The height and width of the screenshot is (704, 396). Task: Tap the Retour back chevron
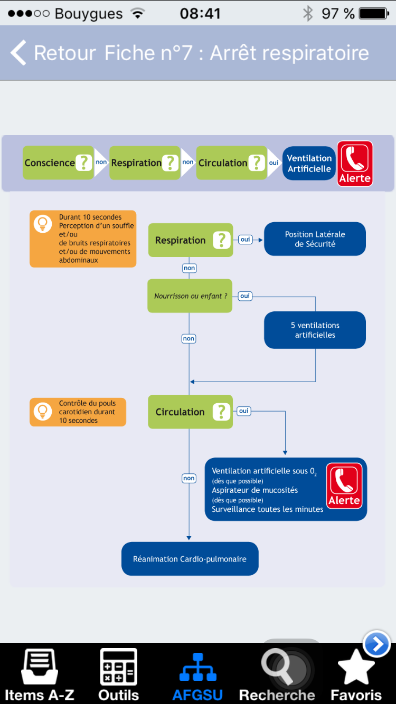tap(18, 53)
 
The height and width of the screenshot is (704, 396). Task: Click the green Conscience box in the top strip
tap(58, 163)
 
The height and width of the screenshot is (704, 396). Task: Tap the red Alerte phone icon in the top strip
tap(355, 164)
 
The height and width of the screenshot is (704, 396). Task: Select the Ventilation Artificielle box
tap(309, 163)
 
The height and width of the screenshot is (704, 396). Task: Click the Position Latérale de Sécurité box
tap(315, 239)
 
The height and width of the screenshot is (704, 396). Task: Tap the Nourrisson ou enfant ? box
tap(190, 296)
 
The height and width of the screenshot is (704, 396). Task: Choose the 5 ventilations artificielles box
tap(315, 330)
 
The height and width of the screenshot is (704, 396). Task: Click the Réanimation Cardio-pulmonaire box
tap(190, 559)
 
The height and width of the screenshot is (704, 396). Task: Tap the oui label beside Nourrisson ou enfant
tap(245, 296)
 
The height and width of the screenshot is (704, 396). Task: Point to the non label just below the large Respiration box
tap(190, 268)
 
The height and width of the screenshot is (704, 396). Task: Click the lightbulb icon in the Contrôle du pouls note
tap(43, 411)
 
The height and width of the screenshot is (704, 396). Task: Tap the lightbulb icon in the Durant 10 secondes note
tap(43, 224)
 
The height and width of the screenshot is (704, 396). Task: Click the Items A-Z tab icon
tap(40, 667)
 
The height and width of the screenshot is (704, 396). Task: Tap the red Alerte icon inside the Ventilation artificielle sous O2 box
tap(344, 486)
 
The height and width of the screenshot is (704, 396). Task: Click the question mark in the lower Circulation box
tap(221, 412)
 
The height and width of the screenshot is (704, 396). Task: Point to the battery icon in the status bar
tap(374, 14)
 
